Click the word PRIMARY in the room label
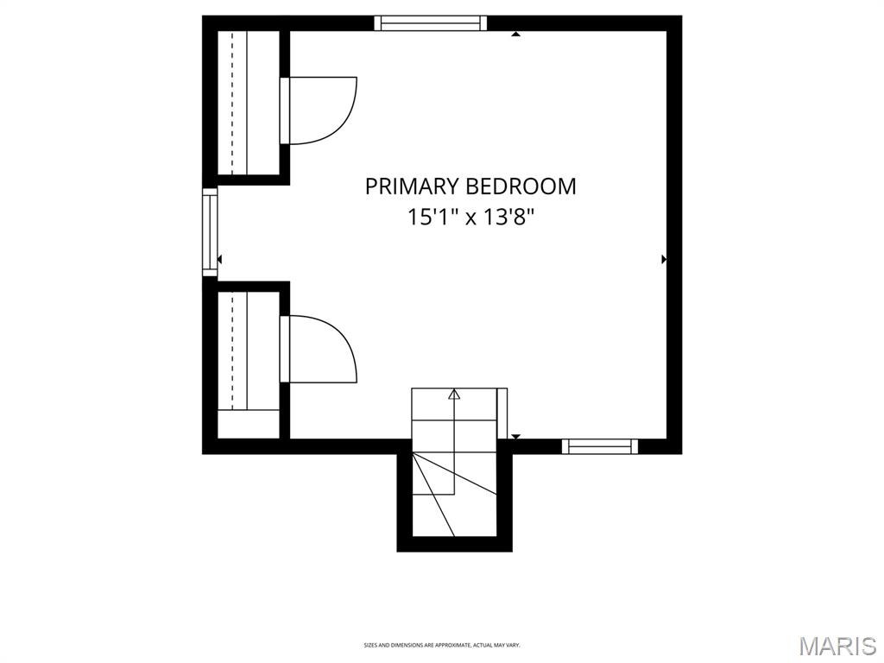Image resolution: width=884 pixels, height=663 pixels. pyautogui.click(x=412, y=186)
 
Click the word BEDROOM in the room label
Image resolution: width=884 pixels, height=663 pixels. pyautogui.click(x=521, y=186)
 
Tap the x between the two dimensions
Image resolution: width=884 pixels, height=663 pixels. pyautogui.click(x=471, y=218)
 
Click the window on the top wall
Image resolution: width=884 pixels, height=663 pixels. pyautogui.click(x=430, y=23)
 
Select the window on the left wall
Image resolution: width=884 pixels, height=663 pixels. pyautogui.click(x=210, y=231)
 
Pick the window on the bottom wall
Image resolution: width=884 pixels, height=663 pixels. pyautogui.click(x=599, y=446)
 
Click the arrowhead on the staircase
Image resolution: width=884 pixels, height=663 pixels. pyautogui.click(x=454, y=395)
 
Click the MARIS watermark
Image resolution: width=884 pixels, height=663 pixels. pyautogui.click(x=837, y=646)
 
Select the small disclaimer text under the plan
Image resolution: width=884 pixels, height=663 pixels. pyautogui.click(x=441, y=645)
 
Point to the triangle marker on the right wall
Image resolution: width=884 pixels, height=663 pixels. pyautogui.click(x=664, y=259)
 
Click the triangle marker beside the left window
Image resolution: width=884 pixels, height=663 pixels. pyautogui.click(x=220, y=259)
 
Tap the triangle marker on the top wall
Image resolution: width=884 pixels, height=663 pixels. pyautogui.click(x=515, y=35)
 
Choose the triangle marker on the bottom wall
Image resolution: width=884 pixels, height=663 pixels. pyautogui.click(x=515, y=437)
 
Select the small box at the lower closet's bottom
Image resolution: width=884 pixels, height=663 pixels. pyautogui.click(x=248, y=424)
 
